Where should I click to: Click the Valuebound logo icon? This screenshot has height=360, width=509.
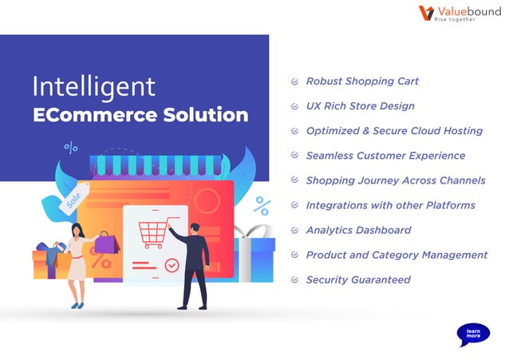(x=426, y=14)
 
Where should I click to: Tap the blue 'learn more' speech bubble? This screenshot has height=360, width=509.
(x=473, y=334)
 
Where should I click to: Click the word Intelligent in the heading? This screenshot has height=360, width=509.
(x=94, y=86)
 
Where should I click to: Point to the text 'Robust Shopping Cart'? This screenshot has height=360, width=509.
(x=362, y=81)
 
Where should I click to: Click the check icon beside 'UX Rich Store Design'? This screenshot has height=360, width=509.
(x=294, y=106)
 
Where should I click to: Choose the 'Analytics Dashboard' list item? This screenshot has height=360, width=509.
(x=358, y=230)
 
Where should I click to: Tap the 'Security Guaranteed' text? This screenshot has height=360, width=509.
(x=358, y=279)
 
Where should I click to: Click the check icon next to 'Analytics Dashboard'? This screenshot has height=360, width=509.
(x=294, y=230)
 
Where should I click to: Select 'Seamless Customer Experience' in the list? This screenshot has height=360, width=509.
(x=385, y=156)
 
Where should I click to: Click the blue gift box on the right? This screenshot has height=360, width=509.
(x=254, y=255)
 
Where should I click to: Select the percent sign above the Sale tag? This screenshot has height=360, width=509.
(x=71, y=148)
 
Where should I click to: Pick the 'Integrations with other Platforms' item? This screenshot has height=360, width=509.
(x=390, y=205)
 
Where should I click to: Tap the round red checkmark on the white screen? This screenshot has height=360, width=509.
(x=171, y=264)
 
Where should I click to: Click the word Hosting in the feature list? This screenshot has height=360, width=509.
(x=463, y=131)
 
